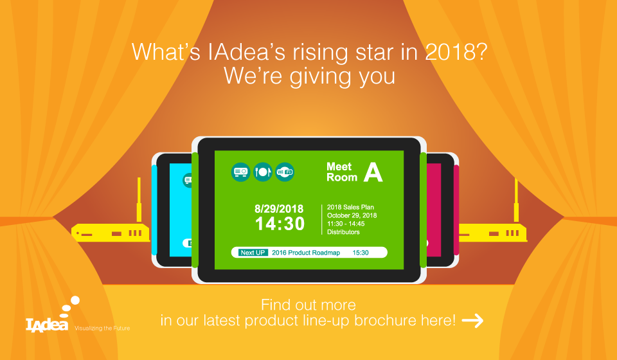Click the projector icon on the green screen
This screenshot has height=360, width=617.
click(x=240, y=172)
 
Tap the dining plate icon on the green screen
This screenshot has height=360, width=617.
click(x=262, y=172)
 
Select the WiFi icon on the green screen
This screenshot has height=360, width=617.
click(x=285, y=172)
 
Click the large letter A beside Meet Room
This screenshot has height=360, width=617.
click(x=373, y=172)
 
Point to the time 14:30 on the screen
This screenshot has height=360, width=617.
click(x=280, y=224)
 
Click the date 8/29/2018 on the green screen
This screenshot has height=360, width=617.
click(x=279, y=208)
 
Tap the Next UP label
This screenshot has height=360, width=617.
click(x=253, y=253)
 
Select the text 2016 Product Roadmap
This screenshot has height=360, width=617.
click(x=306, y=253)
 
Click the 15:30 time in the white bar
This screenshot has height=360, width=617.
click(x=361, y=253)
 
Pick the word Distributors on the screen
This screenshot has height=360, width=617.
click(x=343, y=232)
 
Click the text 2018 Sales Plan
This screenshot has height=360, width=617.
click(x=350, y=207)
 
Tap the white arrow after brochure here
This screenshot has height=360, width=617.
click(x=472, y=321)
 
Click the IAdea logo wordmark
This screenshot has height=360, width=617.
click(x=47, y=325)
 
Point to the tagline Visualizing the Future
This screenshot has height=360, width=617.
click(x=102, y=328)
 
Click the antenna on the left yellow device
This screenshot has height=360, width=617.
click(x=139, y=199)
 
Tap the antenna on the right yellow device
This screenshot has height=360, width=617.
click(x=516, y=199)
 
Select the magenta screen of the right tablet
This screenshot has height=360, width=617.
click(x=434, y=210)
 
